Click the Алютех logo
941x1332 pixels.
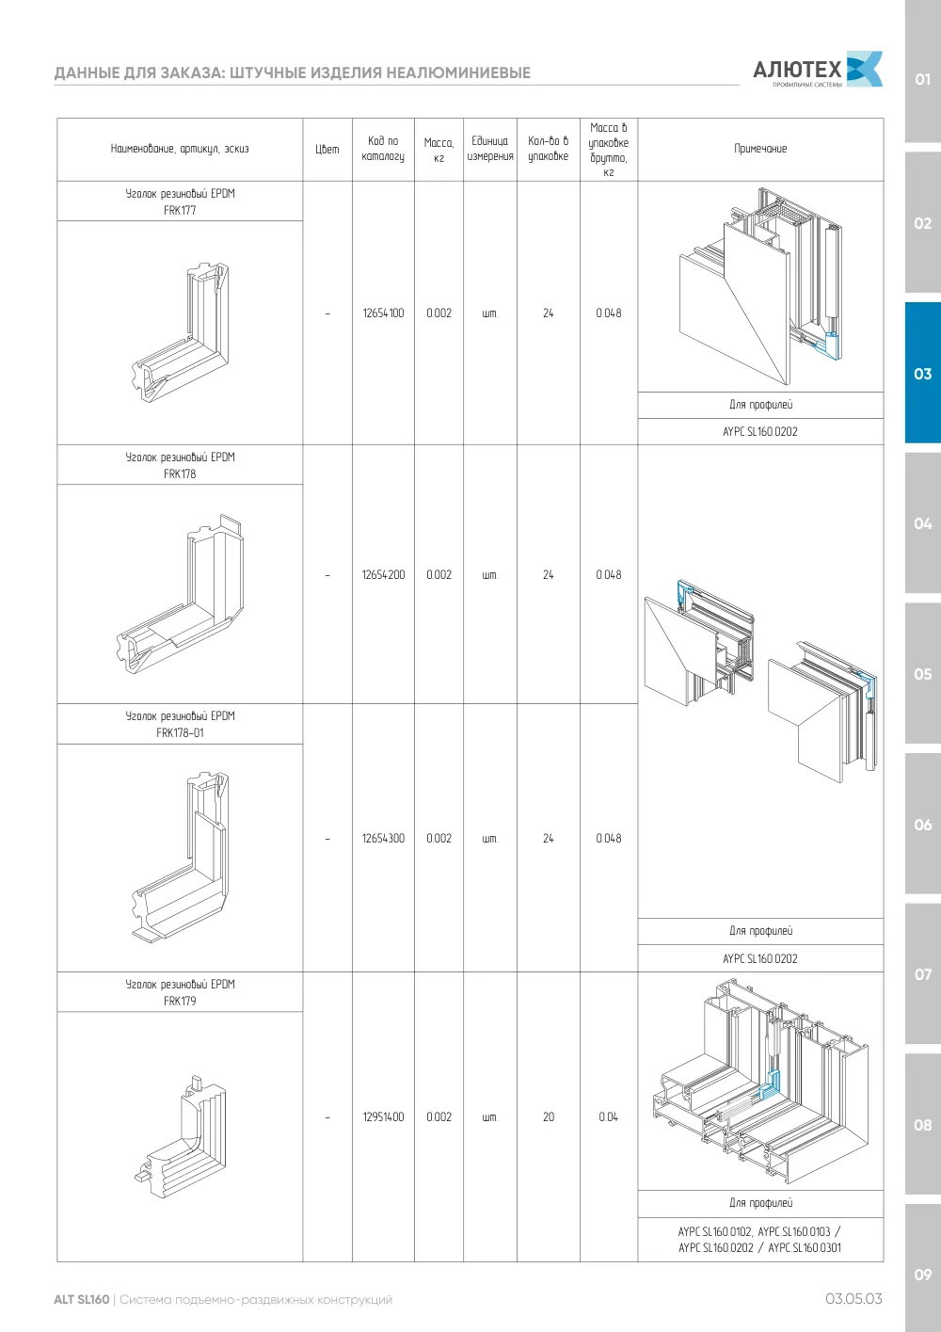click(818, 69)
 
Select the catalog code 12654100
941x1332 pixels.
click(383, 313)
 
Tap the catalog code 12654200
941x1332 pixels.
click(383, 574)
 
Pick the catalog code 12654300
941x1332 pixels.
click(383, 838)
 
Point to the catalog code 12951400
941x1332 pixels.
click(383, 1116)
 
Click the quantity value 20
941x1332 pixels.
click(548, 1116)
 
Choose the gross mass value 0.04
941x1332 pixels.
click(608, 1116)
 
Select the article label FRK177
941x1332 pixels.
click(180, 210)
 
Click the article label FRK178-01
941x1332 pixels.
click(180, 732)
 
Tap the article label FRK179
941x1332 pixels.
click(180, 1001)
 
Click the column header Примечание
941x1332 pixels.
click(760, 149)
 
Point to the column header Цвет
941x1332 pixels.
click(327, 150)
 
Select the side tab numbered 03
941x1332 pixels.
click(922, 373)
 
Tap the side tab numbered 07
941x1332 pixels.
click(922, 974)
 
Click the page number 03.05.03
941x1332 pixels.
click(853, 1299)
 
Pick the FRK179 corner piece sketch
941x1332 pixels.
click(180, 1137)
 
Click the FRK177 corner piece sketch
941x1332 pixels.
click(180, 331)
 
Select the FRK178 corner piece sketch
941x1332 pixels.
click(180, 593)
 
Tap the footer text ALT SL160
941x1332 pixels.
click(82, 1299)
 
